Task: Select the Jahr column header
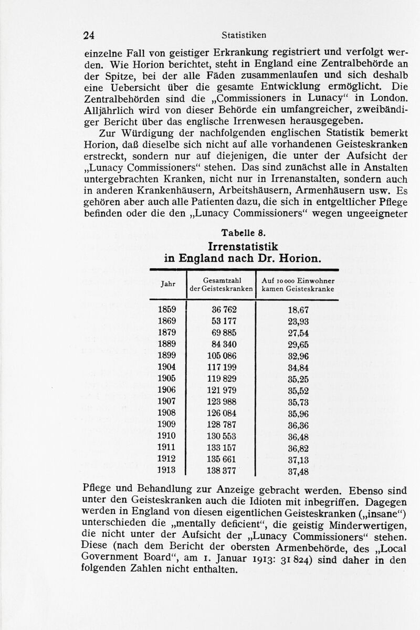coord(168,283)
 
